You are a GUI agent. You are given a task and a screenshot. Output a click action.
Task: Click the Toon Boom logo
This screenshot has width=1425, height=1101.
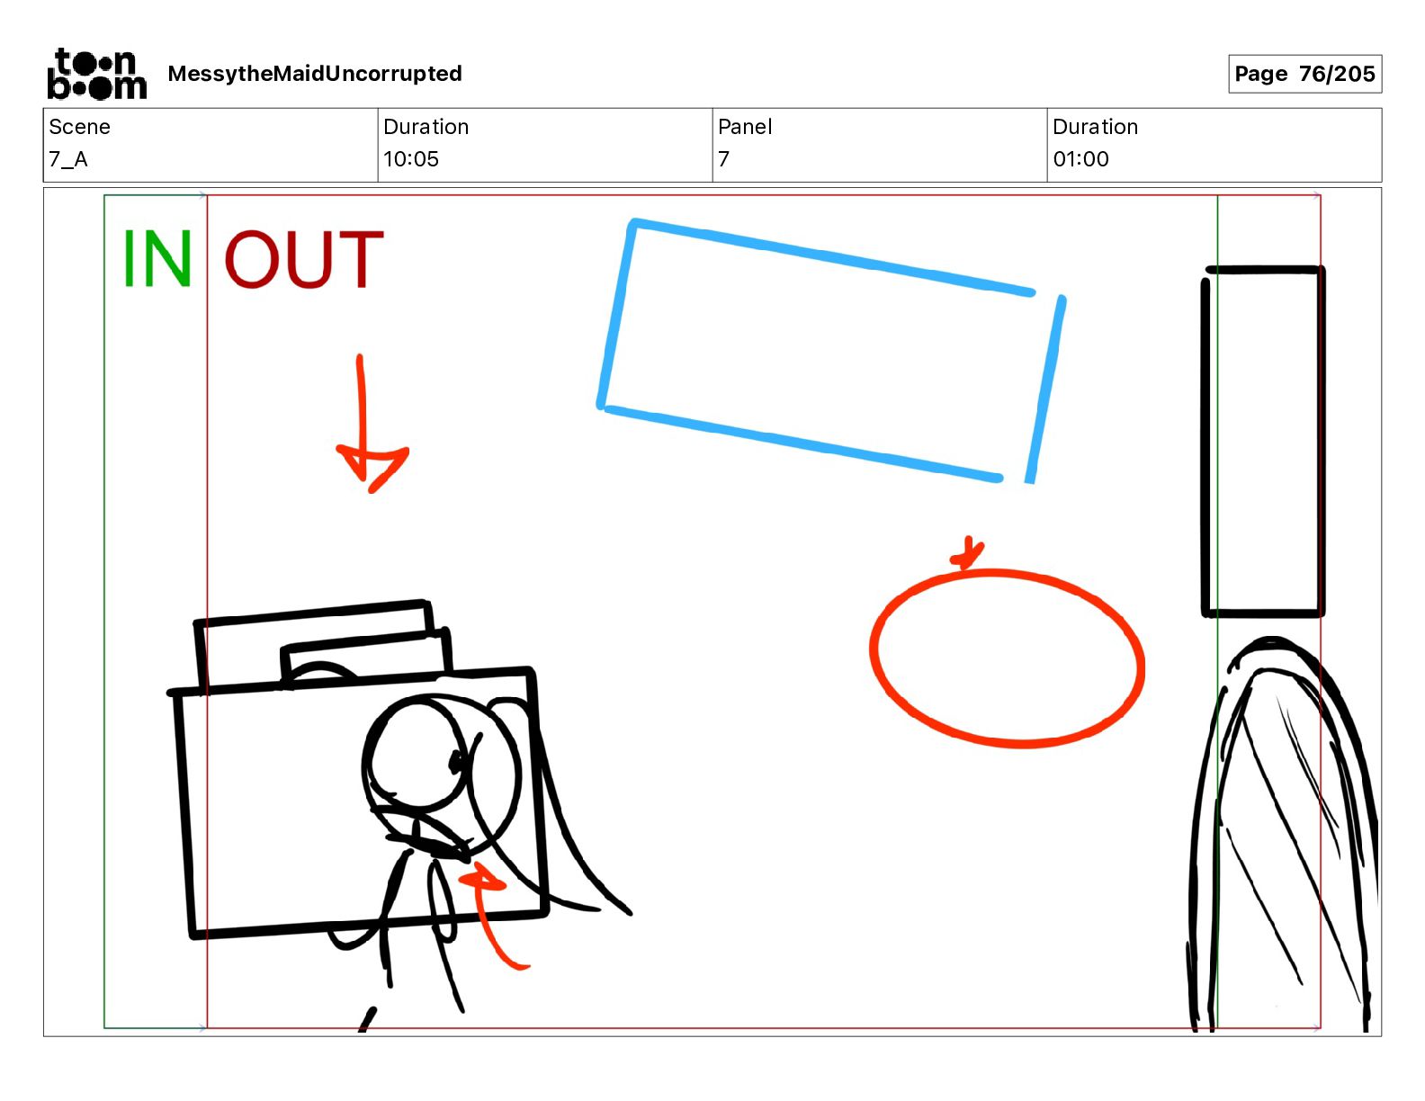coord(97,74)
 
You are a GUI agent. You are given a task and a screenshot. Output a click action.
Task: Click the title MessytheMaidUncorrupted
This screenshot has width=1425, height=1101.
coord(315,74)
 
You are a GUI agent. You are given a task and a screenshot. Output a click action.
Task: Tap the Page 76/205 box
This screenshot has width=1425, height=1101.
coord(1305,74)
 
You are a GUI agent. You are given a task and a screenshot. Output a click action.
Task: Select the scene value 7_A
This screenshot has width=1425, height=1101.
coord(68,159)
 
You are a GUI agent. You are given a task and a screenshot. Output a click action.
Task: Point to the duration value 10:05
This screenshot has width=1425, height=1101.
coord(411,159)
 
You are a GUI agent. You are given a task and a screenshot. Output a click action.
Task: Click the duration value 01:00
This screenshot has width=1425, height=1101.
coord(1080,159)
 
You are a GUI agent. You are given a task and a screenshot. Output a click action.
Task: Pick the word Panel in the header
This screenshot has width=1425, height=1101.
coord(745,127)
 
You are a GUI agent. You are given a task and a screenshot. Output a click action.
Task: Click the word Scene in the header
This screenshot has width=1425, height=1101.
coord(79,127)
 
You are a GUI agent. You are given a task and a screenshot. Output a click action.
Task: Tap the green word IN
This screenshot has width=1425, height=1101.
coord(157,258)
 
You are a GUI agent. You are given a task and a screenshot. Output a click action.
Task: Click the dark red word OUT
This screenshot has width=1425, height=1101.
coord(304,258)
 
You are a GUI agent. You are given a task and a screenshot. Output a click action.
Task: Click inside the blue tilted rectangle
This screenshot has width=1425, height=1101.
coord(829,351)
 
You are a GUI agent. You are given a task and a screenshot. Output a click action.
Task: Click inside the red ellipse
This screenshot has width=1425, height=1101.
coord(1008,658)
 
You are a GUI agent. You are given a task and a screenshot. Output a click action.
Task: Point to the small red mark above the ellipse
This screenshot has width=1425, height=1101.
coord(967,553)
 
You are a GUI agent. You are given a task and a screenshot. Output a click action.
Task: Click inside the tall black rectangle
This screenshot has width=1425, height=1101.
coord(1263,442)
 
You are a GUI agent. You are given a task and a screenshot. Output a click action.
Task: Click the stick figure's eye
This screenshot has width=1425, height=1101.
coord(456,761)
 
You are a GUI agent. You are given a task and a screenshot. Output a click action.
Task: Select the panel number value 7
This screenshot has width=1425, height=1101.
coord(723,159)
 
